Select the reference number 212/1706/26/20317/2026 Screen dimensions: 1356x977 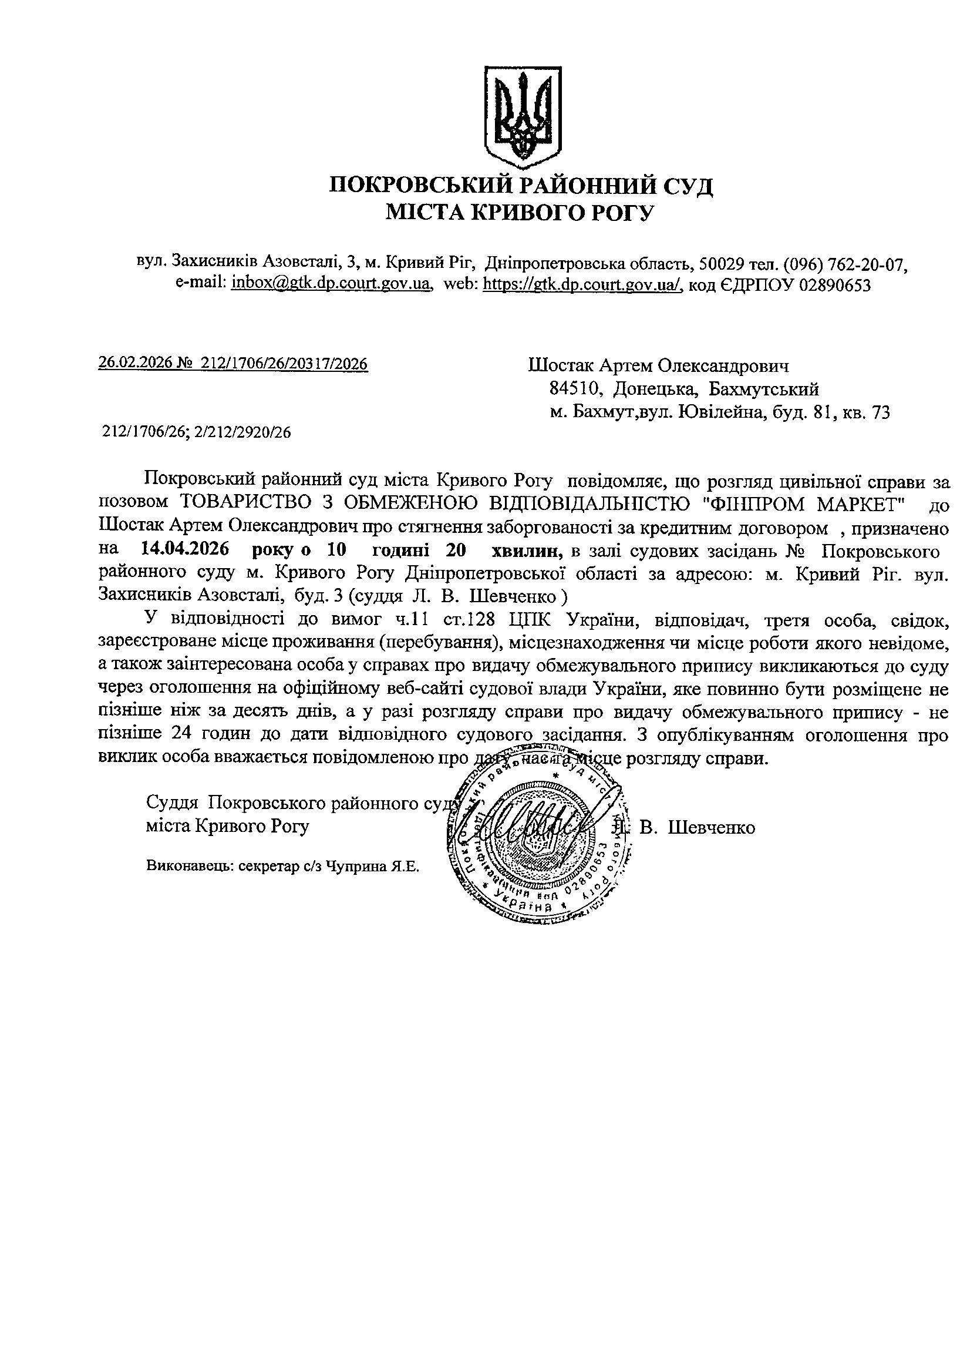(x=284, y=364)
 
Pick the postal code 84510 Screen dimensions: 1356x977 (x=575, y=389)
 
